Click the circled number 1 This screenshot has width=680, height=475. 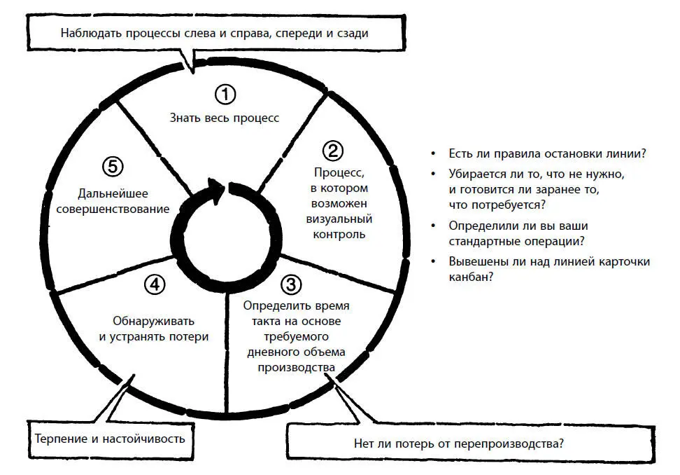[225, 94]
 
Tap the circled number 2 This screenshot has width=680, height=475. [332, 151]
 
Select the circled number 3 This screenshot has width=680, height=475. [291, 285]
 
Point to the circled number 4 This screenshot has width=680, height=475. [155, 284]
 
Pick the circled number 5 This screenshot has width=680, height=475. [113, 167]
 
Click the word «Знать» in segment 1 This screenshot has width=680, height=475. [183, 118]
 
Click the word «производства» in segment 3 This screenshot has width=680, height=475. [297, 367]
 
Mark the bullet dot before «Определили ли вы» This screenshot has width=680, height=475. [434, 226]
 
